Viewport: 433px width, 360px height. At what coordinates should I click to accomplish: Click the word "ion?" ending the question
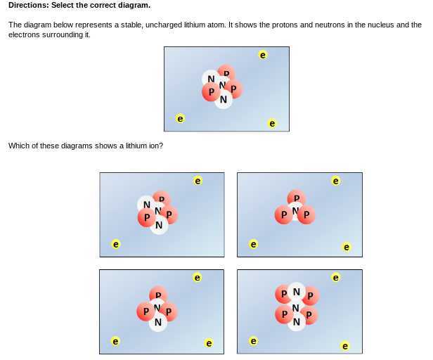pos(155,146)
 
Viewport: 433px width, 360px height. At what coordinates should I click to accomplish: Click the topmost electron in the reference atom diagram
pos(262,54)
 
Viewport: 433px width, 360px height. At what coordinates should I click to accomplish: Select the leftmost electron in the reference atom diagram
pos(181,119)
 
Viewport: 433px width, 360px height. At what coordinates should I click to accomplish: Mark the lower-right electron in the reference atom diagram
pos(273,124)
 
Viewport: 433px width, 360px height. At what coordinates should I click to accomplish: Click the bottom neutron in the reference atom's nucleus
pos(223,101)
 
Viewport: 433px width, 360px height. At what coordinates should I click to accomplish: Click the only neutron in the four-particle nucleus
pos(296,210)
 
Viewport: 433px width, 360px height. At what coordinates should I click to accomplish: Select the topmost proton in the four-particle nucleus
pos(297,198)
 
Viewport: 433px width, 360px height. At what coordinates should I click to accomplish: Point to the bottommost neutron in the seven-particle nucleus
pos(296,323)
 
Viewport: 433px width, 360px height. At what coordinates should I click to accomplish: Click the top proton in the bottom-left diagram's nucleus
pos(158,295)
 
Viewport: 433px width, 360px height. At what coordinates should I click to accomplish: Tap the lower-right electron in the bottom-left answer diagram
pos(208,343)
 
